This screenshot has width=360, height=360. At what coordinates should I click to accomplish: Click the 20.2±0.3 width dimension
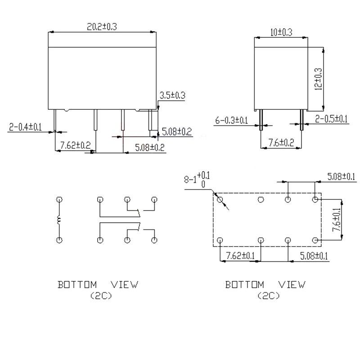[x=102, y=27]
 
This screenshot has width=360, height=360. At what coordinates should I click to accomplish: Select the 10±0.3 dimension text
[x=281, y=32]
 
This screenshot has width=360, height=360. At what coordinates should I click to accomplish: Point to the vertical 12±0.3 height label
[x=319, y=79]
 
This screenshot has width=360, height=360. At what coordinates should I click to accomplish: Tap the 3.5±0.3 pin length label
[x=172, y=95]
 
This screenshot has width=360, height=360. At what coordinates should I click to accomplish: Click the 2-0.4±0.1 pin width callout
[x=25, y=127]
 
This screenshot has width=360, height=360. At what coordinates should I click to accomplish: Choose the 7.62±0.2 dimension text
[x=75, y=145]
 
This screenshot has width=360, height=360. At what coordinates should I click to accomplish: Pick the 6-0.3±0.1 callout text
[x=231, y=120]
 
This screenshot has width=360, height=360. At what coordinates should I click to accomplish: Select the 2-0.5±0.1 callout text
[x=331, y=119]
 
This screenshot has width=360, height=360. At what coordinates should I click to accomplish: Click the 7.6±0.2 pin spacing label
[x=281, y=143]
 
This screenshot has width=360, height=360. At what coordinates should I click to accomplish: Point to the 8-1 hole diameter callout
[x=197, y=180]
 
